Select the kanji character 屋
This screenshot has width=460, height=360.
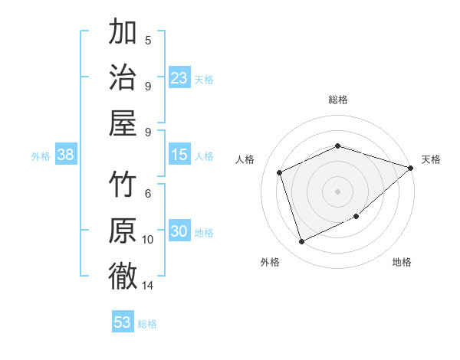tap(123, 122)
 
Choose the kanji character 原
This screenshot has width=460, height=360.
tap(123, 230)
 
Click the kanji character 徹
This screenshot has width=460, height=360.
tap(123, 275)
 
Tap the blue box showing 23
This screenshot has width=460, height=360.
tap(179, 77)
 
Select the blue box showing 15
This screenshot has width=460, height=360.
tap(179, 155)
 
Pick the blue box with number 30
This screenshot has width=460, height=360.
tap(179, 231)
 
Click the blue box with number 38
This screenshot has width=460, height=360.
tap(66, 155)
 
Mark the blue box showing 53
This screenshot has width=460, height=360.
tap(123, 322)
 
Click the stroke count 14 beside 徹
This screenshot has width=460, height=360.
tap(148, 286)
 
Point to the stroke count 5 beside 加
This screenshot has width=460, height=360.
tap(148, 40)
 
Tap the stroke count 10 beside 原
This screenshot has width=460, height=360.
tap(148, 240)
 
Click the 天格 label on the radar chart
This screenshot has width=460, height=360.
tap(431, 159)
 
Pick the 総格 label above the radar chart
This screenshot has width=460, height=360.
tap(338, 100)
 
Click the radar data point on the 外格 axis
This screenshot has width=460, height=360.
tap(302, 242)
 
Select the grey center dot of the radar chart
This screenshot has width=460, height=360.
tap(338, 191)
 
